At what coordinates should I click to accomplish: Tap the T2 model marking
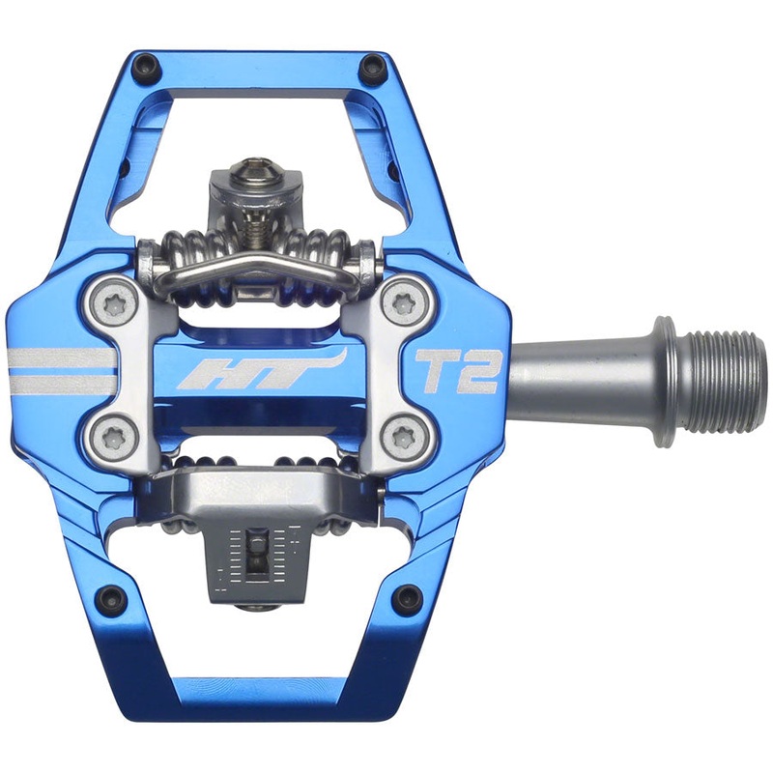click(x=454, y=373)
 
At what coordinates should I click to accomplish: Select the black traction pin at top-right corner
click(x=369, y=68)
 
